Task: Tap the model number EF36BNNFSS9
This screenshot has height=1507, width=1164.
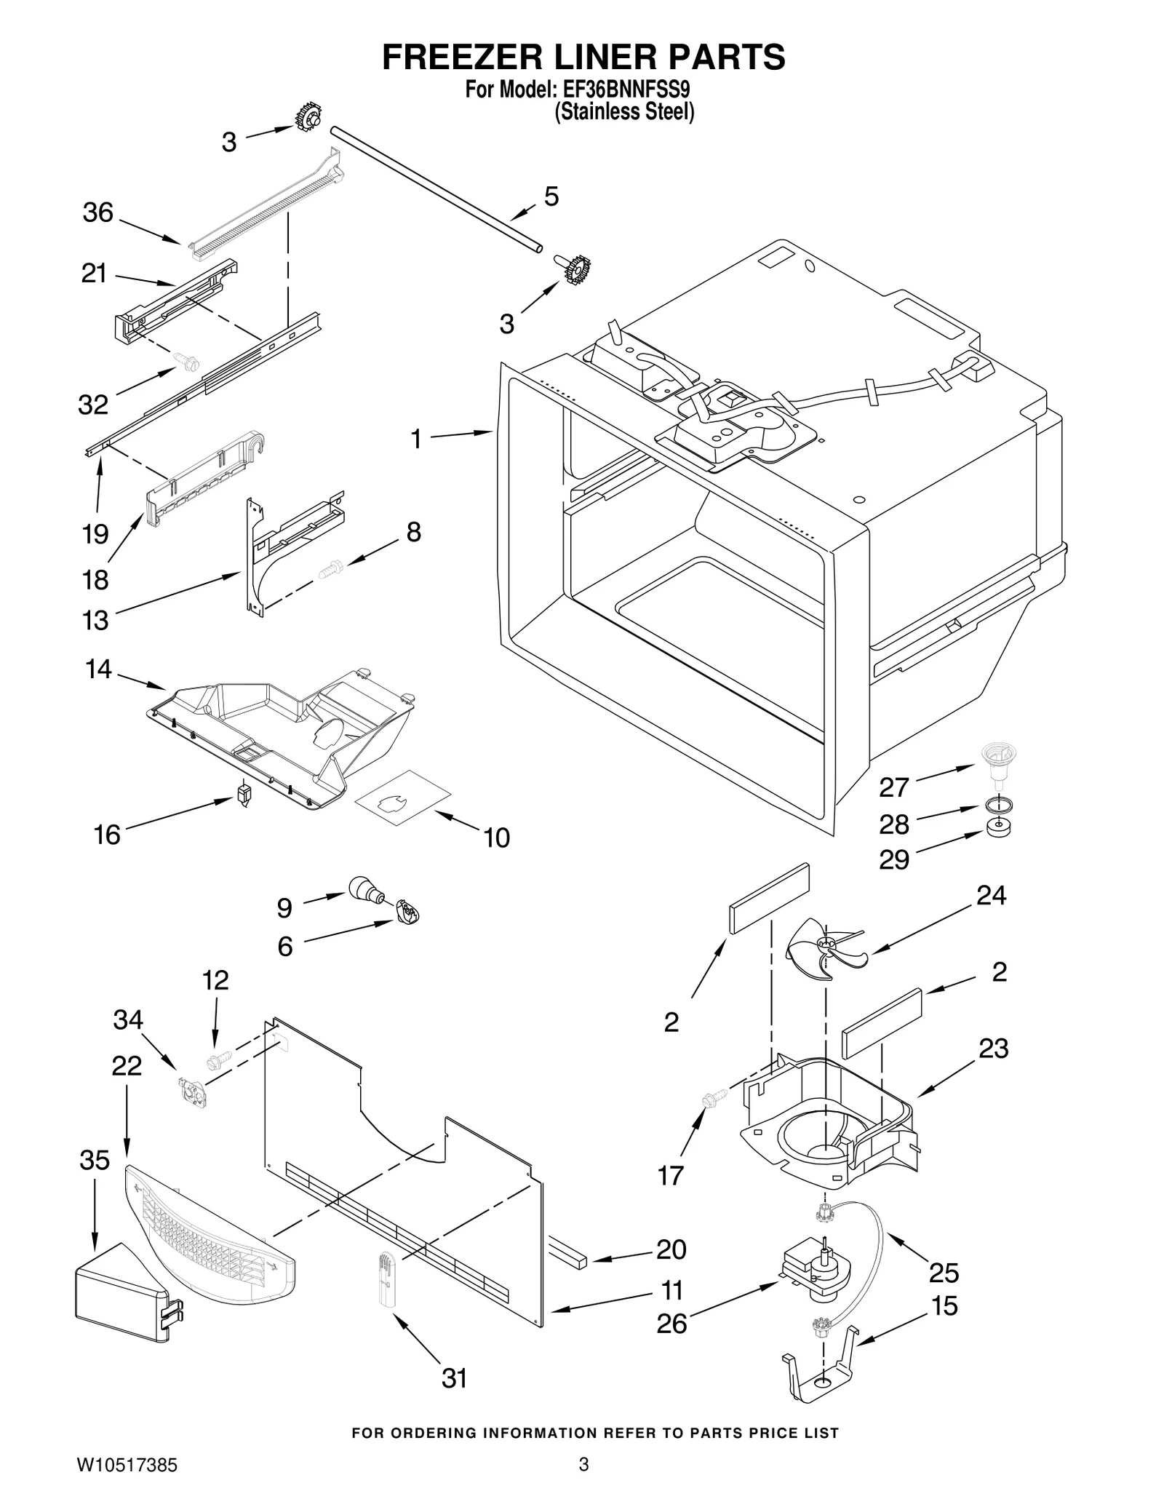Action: click(624, 90)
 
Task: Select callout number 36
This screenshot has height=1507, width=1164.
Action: click(98, 212)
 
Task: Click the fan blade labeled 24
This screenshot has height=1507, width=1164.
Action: click(825, 947)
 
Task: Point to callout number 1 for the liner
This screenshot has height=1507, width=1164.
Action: click(416, 439)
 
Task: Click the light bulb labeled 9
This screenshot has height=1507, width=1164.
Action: click(367, 891)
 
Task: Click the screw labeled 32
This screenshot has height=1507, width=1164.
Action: click(188, 359)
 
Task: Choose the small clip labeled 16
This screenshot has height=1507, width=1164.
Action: click(244, 792)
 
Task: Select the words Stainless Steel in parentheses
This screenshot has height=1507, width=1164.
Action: click(624, 113)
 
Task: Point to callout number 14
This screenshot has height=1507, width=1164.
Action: click(99, 669)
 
